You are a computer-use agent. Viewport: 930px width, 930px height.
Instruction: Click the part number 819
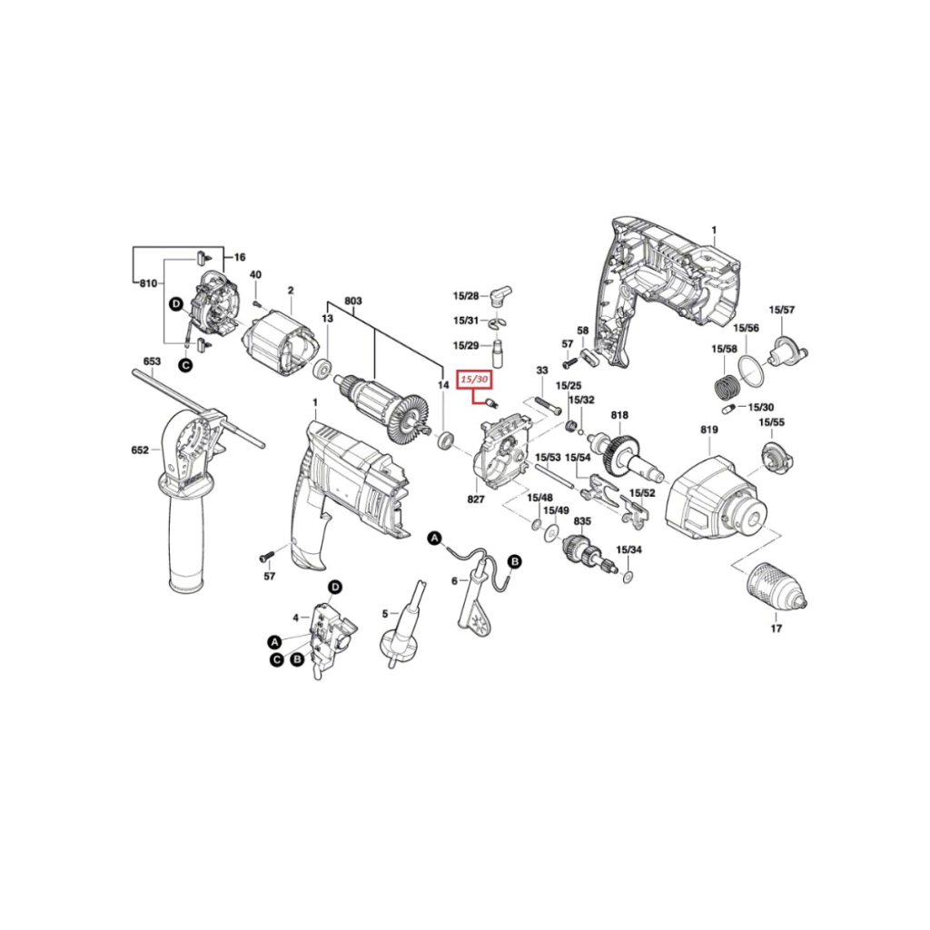[708, 430]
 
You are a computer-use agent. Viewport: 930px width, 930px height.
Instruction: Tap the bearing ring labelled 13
[322, 370]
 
